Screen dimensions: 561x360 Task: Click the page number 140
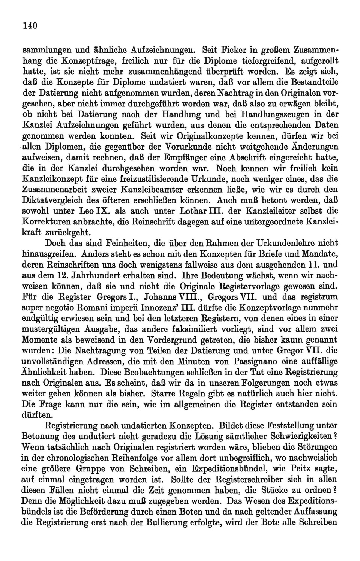pyautogui.click(x=30, y=25)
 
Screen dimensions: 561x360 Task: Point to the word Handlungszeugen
pyautogui.click(x=277, y=114)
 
